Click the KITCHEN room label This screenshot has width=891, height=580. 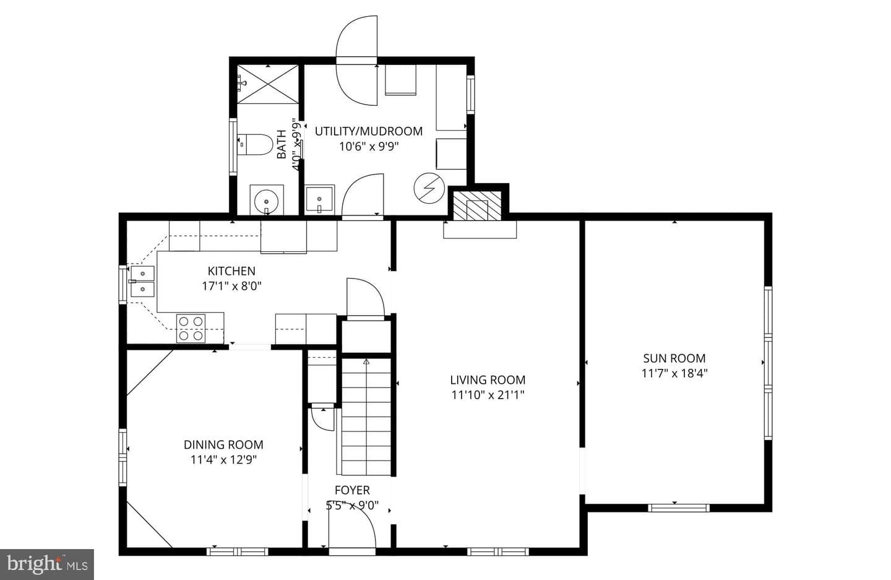click(x=231, y=271)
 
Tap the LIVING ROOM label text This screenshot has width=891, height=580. click(x=488, y=380)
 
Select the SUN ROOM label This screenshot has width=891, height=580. click(x=674, y=358)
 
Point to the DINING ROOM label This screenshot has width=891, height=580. click(x=223, y=444)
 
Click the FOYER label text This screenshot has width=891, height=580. click(x=352, y=490)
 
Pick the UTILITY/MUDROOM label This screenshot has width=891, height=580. click(x=369, y=131)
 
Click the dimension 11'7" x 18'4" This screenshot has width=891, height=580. click(x=674, y=373)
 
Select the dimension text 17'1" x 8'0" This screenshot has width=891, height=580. click(x=231, y=286)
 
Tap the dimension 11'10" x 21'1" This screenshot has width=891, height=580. click(x=488, y=395)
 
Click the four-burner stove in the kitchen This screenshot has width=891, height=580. click(x=191, y=328)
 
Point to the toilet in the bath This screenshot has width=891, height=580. click(x=255, y=144)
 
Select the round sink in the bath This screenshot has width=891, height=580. click(x=266, y=200)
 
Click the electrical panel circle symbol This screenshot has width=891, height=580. click(x=429, y=188)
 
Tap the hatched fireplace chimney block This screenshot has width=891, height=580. click(x=477, y=206)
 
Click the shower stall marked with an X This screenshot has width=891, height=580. click(x=268, y=84)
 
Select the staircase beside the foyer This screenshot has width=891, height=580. click(x=366, y=416)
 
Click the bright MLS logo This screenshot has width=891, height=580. click(x=47, y=565)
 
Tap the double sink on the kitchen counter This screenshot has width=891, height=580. click(x=142, y=282)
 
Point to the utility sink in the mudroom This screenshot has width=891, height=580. click(x=320, y=199)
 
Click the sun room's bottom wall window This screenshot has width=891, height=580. click(x=679, y=508)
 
